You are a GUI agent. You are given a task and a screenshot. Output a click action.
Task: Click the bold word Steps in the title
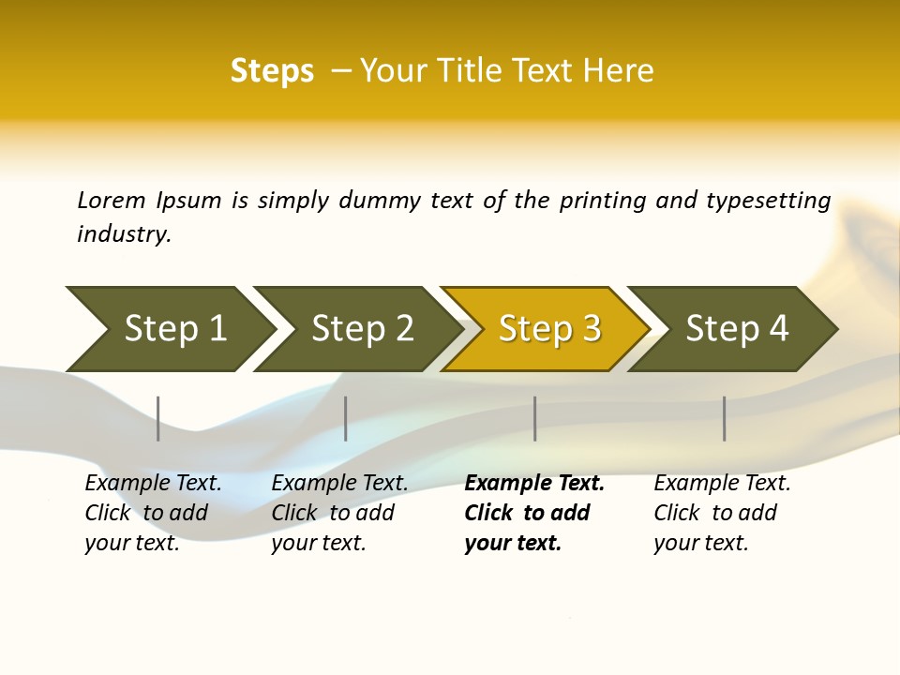[x=272, y=70]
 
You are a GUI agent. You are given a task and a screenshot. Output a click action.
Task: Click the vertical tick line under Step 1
[x=158, y=418]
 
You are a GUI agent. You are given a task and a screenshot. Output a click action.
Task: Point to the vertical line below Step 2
[x=346, y=418]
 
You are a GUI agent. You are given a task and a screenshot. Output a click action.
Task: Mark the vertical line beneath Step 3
[x=535, y=418]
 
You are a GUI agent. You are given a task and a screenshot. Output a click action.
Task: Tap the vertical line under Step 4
[x=725, y=418]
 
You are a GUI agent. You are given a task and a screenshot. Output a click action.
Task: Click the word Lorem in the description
[x=112, y=200]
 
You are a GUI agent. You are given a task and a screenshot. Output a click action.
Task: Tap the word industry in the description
[x=124, y=233]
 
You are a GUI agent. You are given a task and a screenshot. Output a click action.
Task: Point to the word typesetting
[x=768, y=201]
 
